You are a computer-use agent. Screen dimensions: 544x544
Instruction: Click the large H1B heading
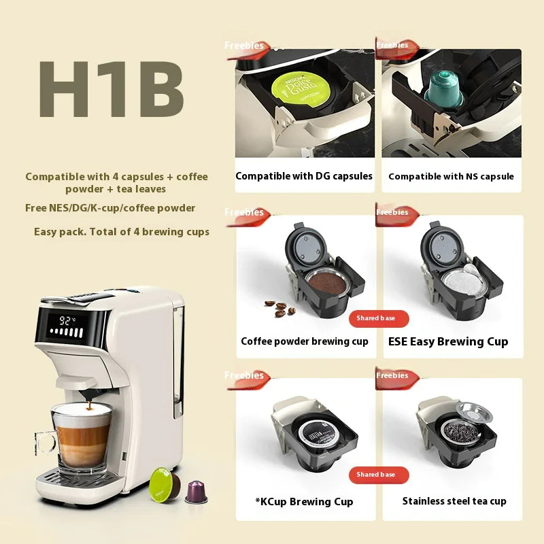(x=112, y=90)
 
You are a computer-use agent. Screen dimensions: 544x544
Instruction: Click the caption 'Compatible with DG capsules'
(x=304, y=176)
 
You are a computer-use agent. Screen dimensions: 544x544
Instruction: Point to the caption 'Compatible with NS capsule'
(x=451, y=177)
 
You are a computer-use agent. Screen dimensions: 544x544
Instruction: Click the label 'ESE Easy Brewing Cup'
(x=448, y=341)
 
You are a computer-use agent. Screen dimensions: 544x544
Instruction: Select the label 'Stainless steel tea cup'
(x=454, y=501)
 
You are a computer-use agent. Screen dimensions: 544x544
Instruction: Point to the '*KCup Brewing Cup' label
(x=305, y=502)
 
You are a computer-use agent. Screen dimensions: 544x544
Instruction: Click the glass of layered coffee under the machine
(x=81, y=439)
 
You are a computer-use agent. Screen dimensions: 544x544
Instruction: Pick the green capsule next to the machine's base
(x=165, y=482)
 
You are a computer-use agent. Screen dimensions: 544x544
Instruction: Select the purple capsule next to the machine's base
(x=196, y=491)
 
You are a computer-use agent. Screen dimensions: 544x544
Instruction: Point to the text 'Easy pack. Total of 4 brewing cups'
(x=122, y=232)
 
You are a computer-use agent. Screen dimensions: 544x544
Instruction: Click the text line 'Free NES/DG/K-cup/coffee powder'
(x=110, y=208)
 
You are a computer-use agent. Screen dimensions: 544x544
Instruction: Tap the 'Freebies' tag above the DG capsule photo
(x=244, y=46)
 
